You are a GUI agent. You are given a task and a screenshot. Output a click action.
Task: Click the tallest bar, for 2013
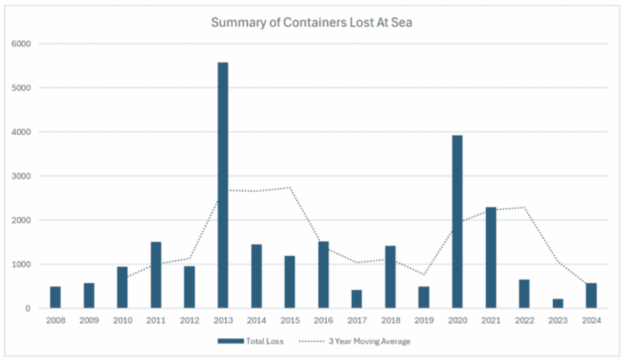pos(223,185)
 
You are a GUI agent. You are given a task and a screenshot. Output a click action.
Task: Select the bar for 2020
pos(457,222)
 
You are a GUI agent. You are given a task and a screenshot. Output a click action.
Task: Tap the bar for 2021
pos(491,258)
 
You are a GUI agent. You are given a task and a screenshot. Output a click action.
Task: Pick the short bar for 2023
pos(558,303)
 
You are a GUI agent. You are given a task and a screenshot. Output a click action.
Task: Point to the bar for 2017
pos(356,299)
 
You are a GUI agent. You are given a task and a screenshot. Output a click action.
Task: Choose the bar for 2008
pos(55,297)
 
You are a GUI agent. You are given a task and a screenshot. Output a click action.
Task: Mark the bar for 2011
pos(156,275)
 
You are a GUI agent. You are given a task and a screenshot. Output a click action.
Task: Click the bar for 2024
pos(591,295)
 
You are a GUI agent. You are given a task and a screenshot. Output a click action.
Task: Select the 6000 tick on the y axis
pos(21,44)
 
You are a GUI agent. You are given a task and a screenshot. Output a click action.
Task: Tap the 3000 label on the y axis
pos(21,176)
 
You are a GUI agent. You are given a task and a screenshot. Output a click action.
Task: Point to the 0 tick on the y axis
pos(28,309)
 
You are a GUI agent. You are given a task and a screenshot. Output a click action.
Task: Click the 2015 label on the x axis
pos(289,320)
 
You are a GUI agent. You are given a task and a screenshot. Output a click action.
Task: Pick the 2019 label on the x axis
pos(424,320)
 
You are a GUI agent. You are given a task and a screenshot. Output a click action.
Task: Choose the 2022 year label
pos(525,320)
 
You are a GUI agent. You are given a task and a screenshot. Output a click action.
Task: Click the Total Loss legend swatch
pos(230,341)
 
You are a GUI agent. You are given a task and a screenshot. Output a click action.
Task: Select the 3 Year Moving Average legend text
pos(369,341)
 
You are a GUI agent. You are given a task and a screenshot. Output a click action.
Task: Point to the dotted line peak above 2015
pos(289,188)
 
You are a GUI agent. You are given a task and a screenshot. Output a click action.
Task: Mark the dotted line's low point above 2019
pos(424,275)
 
